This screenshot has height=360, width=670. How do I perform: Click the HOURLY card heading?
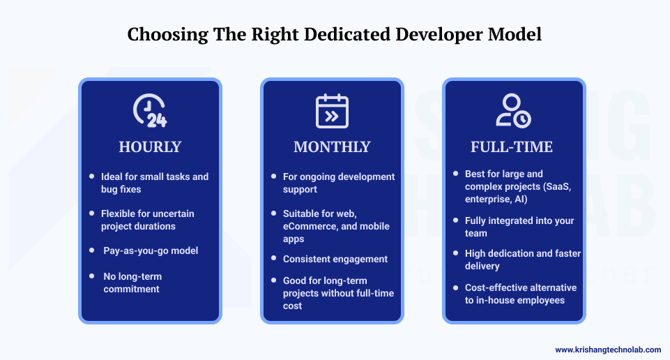(x=150, y=147)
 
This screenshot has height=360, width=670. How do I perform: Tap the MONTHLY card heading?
(x=332, y=147)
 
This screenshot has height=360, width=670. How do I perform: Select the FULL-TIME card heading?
(x=512, y=147)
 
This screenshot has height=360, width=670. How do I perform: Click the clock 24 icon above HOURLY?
(x=150, y=111)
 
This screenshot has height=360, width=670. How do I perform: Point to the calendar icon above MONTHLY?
(x=332, y=111)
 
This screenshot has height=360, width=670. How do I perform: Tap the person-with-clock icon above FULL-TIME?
(x=512, y=111)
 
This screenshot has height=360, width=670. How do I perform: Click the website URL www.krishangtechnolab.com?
(x=608, y=350)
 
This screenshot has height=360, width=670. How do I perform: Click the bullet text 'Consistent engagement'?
(x=335, y=259)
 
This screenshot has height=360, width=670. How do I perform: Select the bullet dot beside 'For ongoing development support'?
(x=273, y=177)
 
